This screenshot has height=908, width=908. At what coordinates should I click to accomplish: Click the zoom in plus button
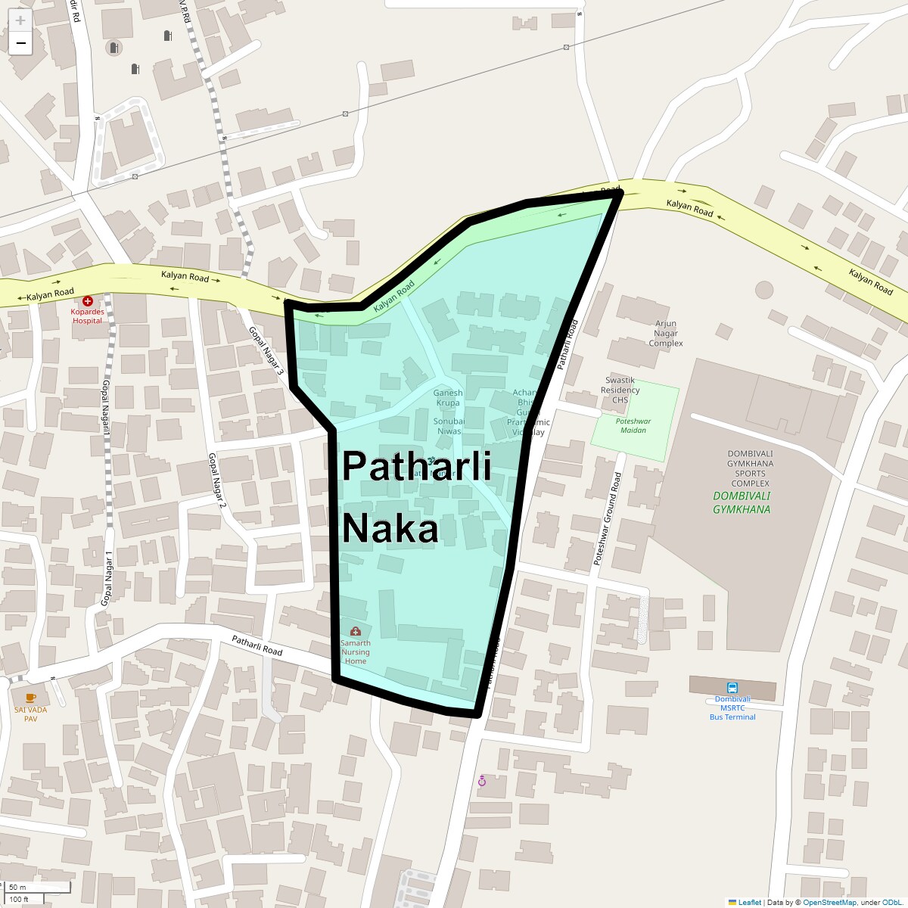click(x=20, y=21)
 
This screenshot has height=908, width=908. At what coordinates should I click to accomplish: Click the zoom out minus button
click(x=20, y=44)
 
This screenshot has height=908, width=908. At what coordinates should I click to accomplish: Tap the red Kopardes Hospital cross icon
click(x=88, y=301)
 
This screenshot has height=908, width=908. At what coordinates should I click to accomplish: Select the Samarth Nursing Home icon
click(x=356, y=631)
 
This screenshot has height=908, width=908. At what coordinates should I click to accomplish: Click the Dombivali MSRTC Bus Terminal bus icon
click(x=732, y=688)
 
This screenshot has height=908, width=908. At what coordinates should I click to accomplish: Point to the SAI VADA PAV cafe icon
click(x=30, y=698)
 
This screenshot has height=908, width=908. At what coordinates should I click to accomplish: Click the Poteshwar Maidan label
click(x=633, y=425)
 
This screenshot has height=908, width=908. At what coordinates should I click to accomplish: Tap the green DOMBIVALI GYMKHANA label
click(x=742, y=502)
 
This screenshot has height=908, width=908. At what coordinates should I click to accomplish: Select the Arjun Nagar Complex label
click(x=666, y=333)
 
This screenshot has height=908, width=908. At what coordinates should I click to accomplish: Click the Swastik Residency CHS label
click(x=620, y=390)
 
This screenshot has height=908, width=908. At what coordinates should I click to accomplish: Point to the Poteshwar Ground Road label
click(x=607, y=519)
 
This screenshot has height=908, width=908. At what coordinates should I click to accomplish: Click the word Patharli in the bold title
click(x=417, y=466)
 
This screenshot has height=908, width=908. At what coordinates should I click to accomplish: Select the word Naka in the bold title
click(x=390, y=528)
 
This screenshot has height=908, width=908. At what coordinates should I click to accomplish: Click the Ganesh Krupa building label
click(x=448, y=398)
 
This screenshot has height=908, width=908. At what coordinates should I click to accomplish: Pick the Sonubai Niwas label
click(x=449, y=426)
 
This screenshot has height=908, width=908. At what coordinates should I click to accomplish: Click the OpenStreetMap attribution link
click(x=829, y=902)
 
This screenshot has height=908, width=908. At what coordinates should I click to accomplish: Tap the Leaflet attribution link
click(x=749, y=902)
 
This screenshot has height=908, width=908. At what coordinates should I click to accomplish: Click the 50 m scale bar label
click(x=18, y=887)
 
